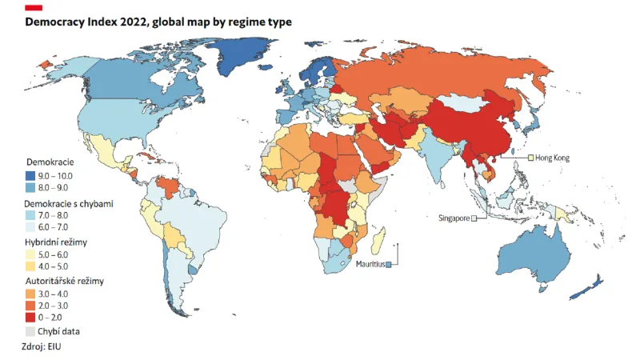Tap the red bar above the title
(x=34, y=7)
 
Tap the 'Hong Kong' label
(x=551, y=158)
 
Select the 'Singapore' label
(x=452, y=218)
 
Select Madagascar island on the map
(x=381, y=242)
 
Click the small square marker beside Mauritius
(x=388, y=264)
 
